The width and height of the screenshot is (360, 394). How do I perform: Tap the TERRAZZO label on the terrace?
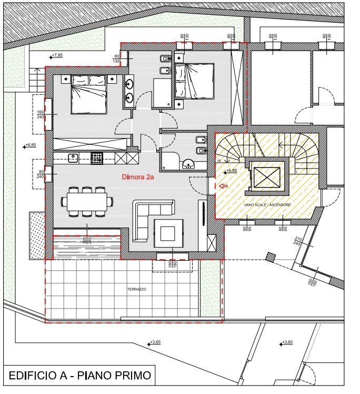pos(136,290)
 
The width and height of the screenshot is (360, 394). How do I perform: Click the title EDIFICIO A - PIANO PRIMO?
pos(79,376)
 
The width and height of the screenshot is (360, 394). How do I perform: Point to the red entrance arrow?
pos(223,185)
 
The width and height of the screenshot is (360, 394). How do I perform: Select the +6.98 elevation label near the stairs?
pos(232,171)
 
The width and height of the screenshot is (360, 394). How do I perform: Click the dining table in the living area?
pos(87,201)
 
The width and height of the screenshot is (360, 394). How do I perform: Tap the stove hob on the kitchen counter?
pos(97,157)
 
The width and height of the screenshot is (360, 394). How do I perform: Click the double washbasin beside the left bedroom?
pos(129,90)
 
